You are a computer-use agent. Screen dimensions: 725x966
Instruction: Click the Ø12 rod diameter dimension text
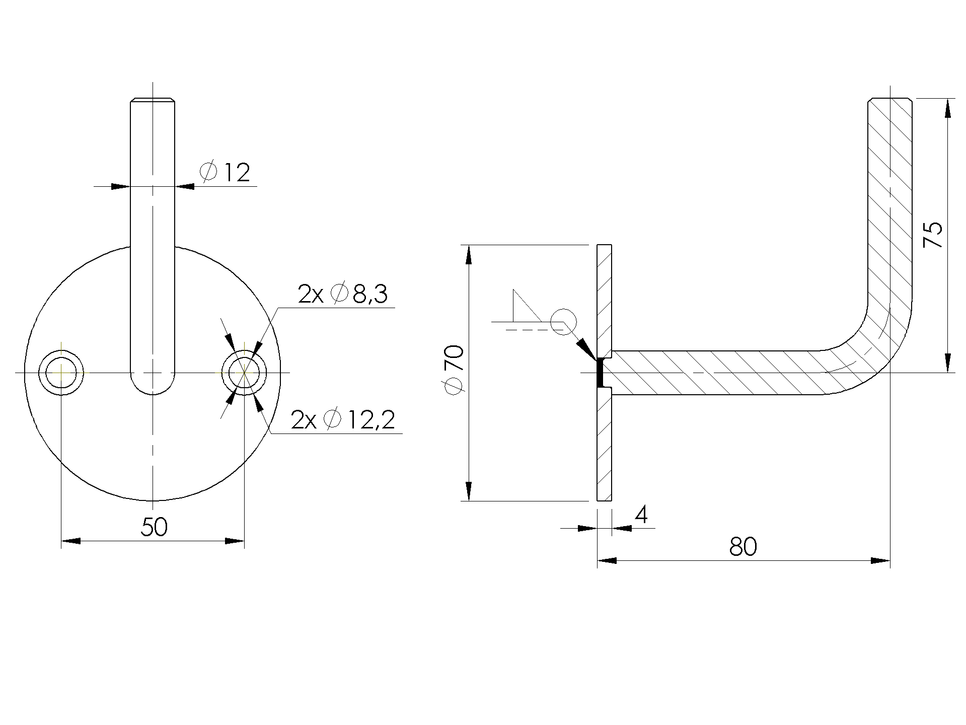click(225, 173)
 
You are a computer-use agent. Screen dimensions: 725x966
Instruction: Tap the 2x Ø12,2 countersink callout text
click(343, 420)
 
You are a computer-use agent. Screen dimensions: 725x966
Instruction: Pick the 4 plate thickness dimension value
click(641, 515)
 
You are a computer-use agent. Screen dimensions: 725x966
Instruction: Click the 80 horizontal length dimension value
click(742, 547)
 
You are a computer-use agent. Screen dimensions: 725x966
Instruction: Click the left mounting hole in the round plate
click(61, 373)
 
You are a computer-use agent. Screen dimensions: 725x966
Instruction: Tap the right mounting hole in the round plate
click(244, 373)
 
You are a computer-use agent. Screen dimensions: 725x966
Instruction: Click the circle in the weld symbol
click(563, 321)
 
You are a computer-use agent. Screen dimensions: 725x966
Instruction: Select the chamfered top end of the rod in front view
click(153, 100)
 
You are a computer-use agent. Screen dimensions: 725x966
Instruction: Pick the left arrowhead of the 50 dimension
click(70, 541)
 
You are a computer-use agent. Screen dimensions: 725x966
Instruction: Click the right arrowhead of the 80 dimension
click(880, 560)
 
